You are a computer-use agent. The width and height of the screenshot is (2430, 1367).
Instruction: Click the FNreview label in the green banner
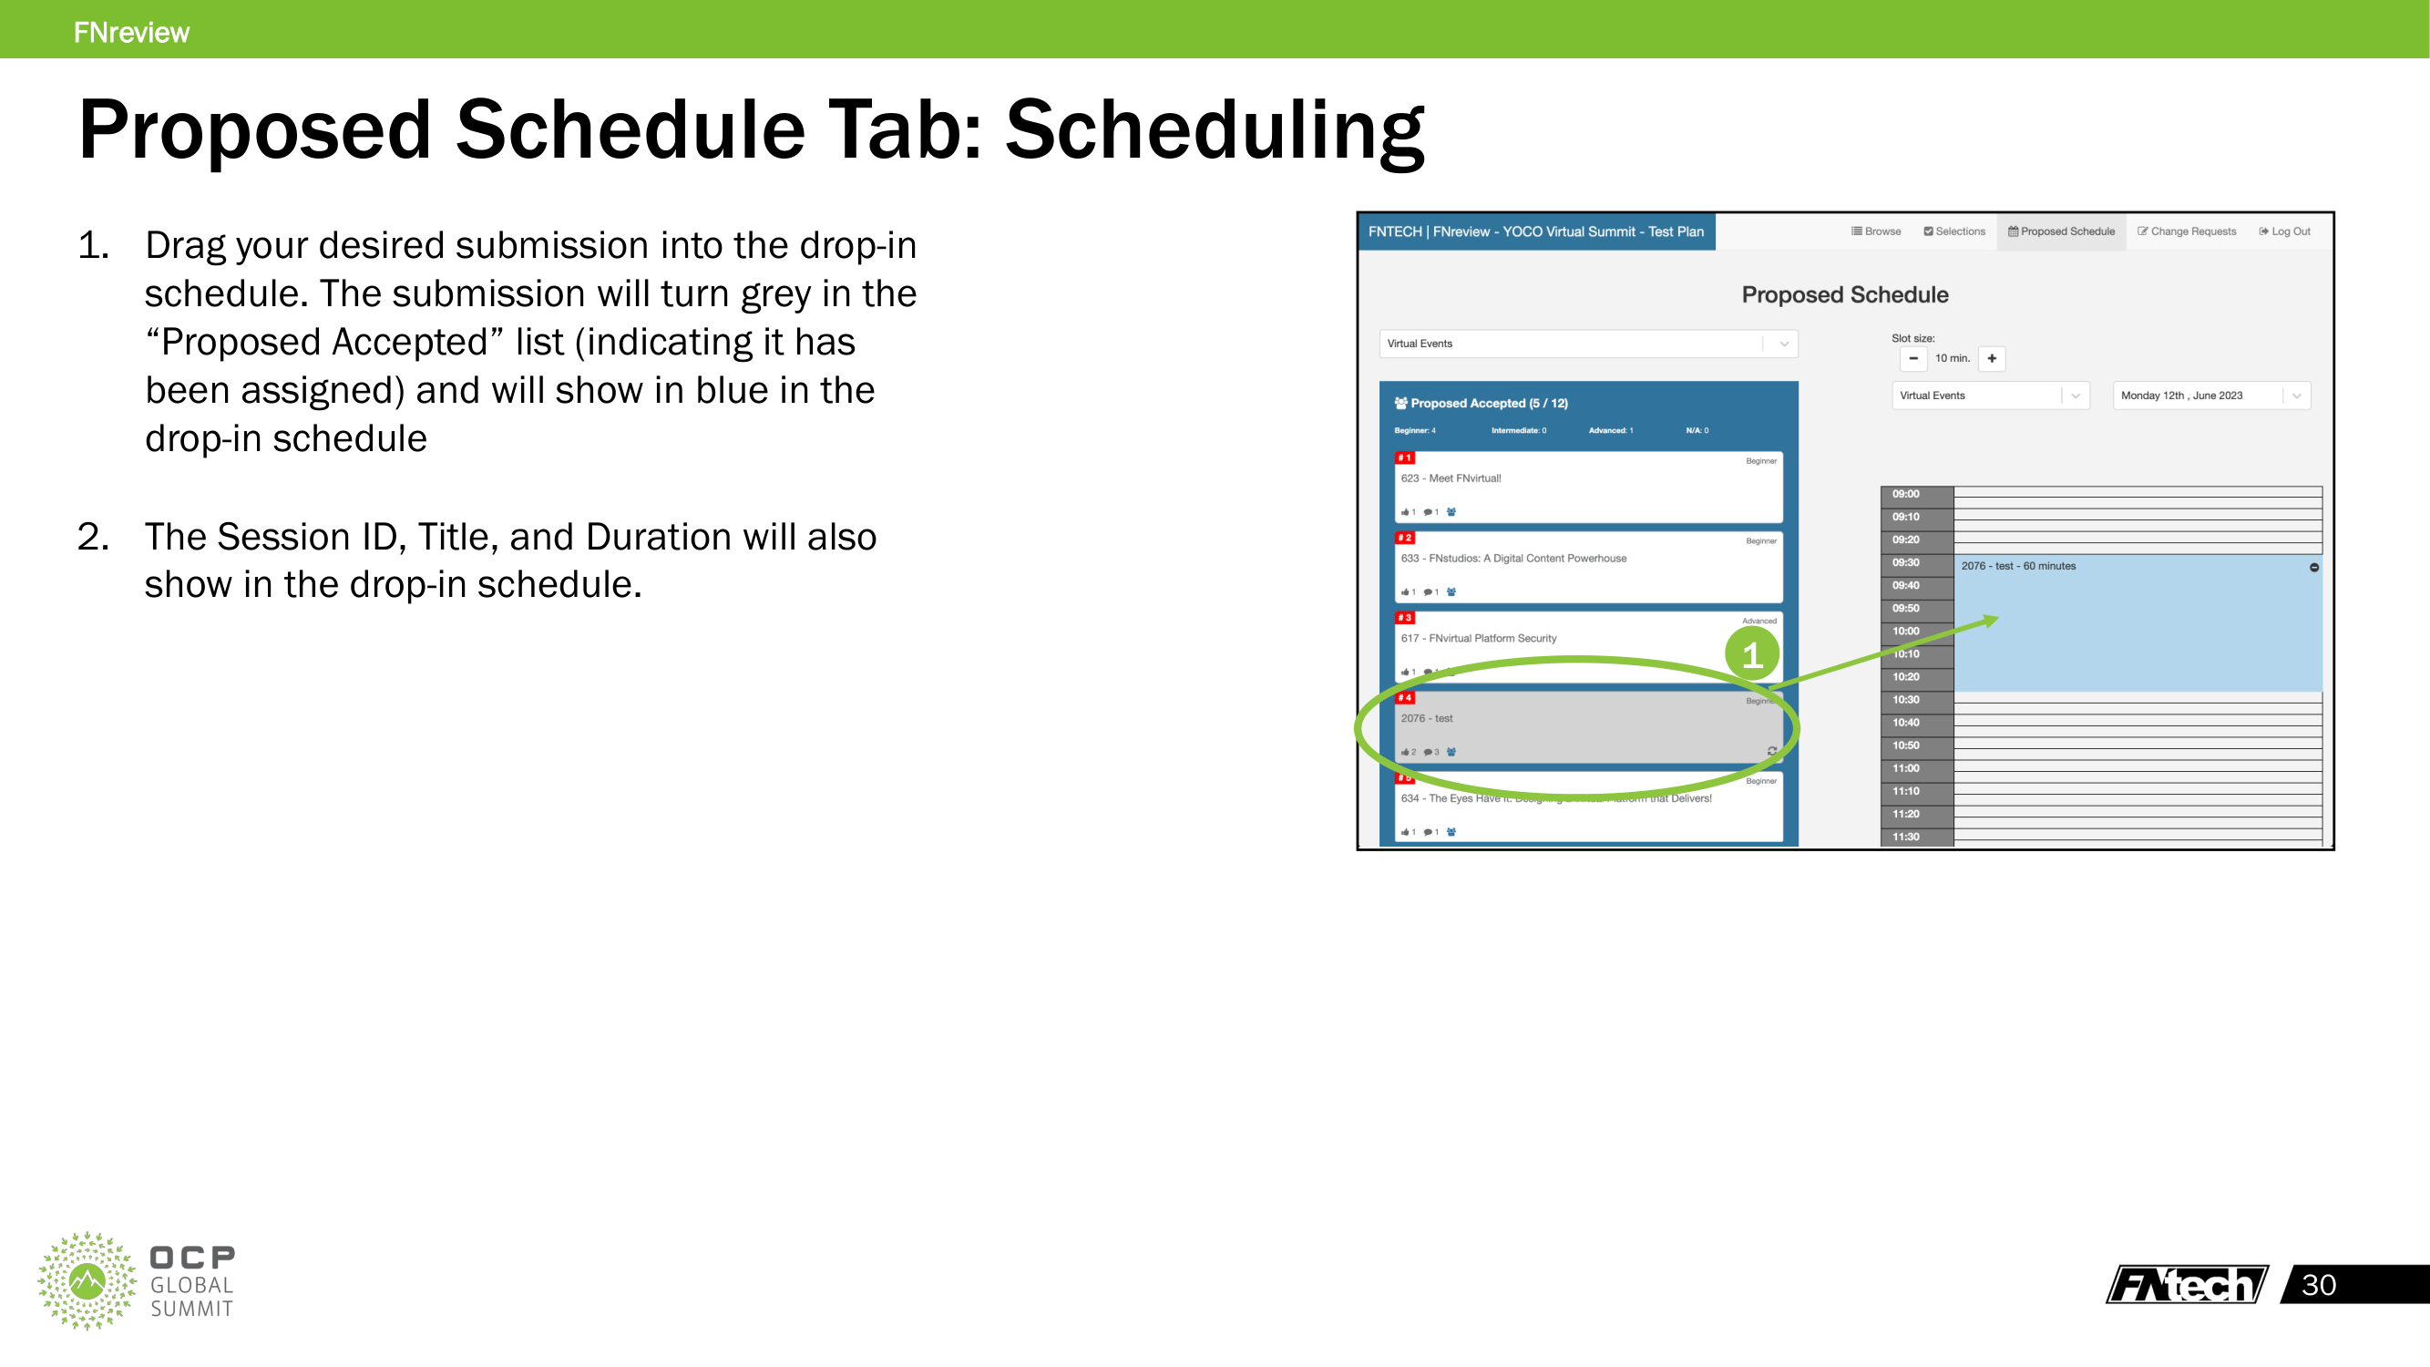[131, 32]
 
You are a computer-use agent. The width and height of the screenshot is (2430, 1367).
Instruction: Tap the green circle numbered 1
[1752, 653]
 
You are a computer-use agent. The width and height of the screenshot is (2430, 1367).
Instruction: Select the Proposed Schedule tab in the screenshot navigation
[2061, 231]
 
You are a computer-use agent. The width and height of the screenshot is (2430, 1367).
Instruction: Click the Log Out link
[2285, 231]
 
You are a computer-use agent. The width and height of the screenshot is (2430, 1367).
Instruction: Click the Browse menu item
[1876, 231]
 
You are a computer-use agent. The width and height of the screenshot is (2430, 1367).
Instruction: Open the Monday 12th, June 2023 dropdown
[2211, 396]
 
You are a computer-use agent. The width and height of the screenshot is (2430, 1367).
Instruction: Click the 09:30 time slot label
[1905, 562]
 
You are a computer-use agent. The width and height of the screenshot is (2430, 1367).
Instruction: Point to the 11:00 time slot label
[1905, 768]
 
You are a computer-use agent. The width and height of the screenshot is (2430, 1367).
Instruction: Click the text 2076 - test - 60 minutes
[2018, 566]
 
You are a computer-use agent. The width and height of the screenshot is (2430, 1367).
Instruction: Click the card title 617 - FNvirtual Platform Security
[1478, 639]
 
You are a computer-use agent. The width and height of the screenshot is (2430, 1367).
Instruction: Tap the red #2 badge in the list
[1405, 538]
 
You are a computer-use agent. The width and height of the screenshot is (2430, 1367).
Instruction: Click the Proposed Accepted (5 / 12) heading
[1488, 403]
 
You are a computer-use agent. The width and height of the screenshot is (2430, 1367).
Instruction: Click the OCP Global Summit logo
[137, 1280]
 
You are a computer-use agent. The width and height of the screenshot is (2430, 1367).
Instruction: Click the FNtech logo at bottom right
[2187, 1284]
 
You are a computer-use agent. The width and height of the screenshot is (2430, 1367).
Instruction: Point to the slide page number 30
[2319, 1284]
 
